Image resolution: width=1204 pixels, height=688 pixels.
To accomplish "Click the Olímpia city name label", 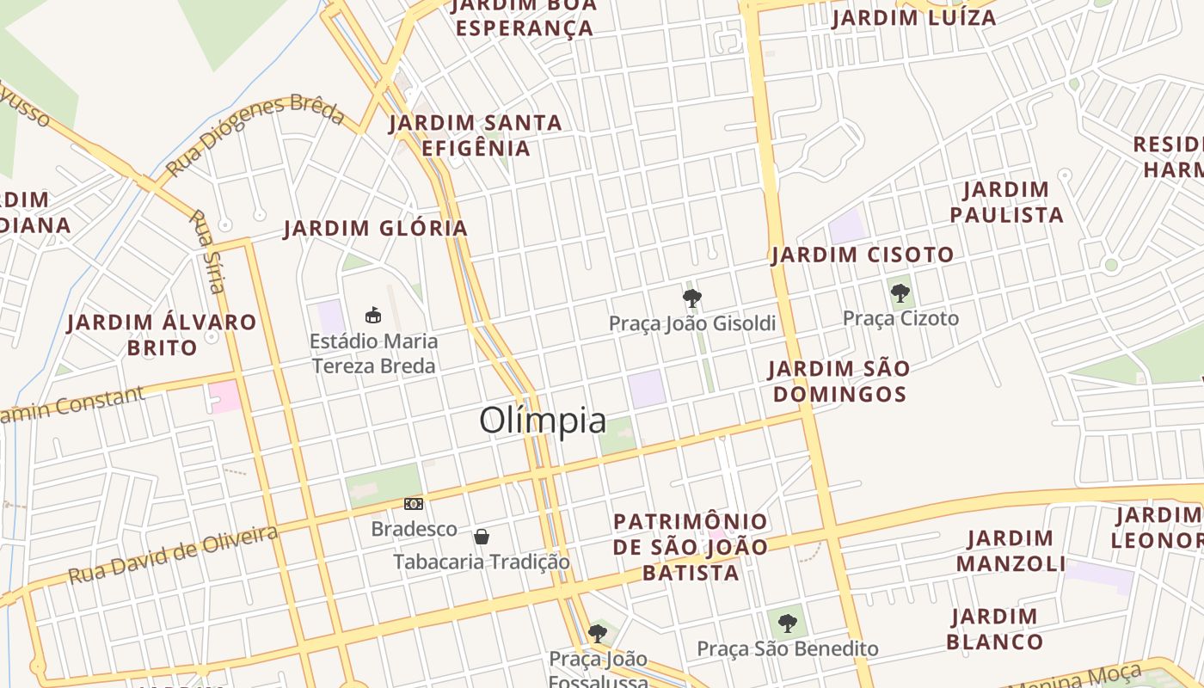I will point(543,421).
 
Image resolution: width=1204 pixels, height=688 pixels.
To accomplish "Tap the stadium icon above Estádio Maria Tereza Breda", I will point(373,315).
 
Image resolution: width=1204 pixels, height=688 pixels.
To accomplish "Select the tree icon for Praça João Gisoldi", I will point(691,298).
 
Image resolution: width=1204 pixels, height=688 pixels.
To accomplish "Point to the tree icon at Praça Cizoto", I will point(900,293).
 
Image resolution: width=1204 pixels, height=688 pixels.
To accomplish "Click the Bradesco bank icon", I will point(414,504).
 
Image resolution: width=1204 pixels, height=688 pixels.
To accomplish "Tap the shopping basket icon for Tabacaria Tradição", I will point(482,537).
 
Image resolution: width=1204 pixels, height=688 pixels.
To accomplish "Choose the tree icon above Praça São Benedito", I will point(787,623).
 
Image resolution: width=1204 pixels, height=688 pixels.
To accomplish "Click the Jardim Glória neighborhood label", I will point(376,229).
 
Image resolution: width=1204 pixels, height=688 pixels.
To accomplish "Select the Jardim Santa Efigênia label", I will point(476,135).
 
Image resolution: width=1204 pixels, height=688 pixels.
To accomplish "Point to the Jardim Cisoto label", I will point(863,255).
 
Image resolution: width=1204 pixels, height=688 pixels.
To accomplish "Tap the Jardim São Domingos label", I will point(838,381).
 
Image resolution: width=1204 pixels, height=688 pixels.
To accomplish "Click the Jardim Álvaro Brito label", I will point(162,335).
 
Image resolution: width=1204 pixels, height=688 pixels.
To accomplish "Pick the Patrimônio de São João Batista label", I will point(691,547).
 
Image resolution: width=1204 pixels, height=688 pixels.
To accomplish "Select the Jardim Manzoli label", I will point(1010,551).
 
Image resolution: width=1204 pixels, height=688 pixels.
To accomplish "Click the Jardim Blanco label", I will point(995,629).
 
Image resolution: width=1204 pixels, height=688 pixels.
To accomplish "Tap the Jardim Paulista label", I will point(1006,202).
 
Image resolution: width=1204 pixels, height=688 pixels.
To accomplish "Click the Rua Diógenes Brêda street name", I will point(255,134).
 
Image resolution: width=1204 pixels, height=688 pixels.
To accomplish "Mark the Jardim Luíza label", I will point(914,18).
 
